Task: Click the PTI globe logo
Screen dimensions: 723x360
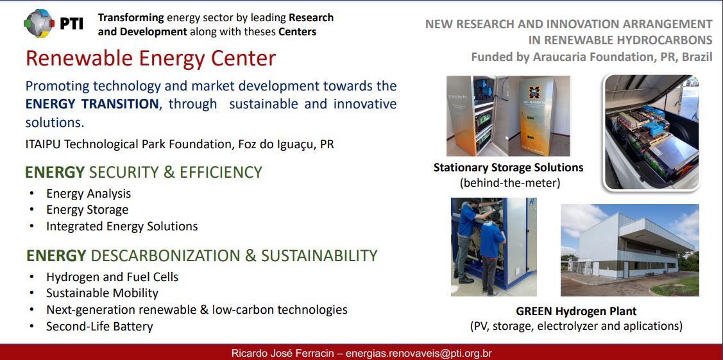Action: point(39,23)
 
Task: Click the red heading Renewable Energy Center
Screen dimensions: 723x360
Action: point(151,58)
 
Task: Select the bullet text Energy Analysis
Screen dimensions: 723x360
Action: point(89,194)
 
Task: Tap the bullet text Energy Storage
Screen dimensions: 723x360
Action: point(87,210)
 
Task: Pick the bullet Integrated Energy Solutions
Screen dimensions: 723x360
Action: point(122,227)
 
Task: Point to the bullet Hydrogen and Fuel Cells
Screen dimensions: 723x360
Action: point(112,277)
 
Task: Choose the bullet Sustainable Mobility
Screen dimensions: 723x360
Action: point(102,293)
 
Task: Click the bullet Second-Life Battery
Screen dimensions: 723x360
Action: point(99,327)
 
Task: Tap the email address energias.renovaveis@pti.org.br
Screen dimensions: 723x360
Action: point(419,354)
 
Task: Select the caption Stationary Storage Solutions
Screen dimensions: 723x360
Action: point(509,167)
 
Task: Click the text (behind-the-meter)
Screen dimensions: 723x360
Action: point(509,183)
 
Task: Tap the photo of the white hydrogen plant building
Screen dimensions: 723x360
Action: point(630,250)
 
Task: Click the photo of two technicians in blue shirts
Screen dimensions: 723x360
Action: point(494,246)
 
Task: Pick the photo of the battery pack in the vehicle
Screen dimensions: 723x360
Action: point(652,132)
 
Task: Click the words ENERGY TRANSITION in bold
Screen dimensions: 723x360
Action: point(92,104)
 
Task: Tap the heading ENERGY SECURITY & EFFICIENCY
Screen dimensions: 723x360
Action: point(144,172)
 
